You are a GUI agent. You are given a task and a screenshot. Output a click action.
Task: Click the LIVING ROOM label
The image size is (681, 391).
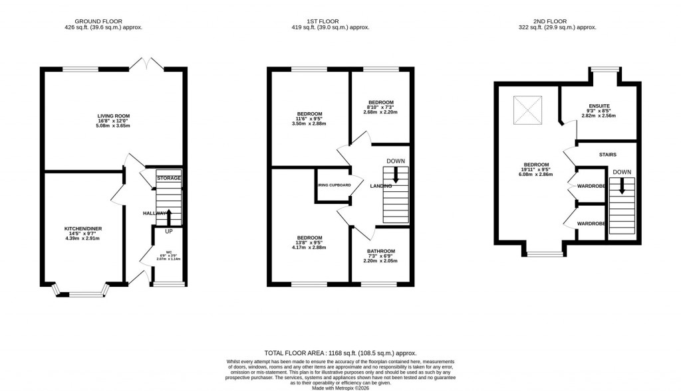112,116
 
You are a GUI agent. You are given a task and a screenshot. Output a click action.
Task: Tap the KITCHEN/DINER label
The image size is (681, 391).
83,228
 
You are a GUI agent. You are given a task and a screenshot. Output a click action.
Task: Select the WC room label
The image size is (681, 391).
169,252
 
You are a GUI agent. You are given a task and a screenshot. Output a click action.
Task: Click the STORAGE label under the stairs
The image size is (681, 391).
168,179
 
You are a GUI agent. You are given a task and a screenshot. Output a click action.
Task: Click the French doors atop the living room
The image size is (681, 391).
147,64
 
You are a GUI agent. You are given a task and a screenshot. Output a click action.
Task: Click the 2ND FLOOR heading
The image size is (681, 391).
557,19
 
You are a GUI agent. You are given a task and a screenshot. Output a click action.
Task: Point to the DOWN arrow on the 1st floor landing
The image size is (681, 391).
396,175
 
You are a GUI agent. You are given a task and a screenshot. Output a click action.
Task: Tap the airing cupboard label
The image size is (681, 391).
334,185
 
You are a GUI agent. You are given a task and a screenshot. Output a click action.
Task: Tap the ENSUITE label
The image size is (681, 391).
599,106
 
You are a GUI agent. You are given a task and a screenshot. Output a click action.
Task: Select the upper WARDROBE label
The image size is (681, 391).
591,187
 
